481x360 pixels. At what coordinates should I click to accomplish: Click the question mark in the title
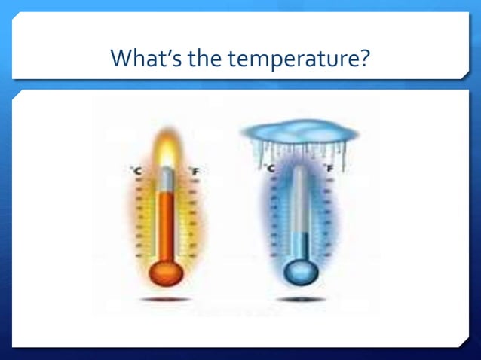pyautogui.click(x=364, y=57)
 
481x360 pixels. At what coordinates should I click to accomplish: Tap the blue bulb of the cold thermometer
pyautogui.click(x=301, y=272)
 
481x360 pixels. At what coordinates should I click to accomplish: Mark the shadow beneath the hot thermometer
pyautogui.click(x=166, y=300)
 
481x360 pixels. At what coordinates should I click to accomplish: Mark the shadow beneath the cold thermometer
pyautogui.click(x=301, y=300)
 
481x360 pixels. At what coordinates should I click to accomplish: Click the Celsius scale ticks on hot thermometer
pyautogui.click(x=138, y=218)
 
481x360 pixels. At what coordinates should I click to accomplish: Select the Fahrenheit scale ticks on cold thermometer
pyautogui.click(x=326, y=218)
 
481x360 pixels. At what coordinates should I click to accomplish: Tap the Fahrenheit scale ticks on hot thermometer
pyautogui.click(x=193, y=218)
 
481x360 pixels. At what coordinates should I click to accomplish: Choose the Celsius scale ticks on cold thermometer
pyautogui.click(x=272, y=218)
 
